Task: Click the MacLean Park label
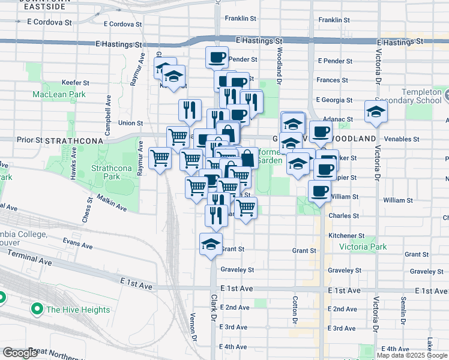click(x=59, y=95)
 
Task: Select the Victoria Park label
click(x=363, y=247)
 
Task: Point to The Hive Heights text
click(x=78, y=310)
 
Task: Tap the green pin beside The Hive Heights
click(x=36, y=310)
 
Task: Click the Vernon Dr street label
click(x=193, y=323)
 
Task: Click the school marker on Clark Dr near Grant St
click(x=211, y=244)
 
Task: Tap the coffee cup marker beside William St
click(x=319, y=191)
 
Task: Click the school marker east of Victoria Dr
click(x=376, y=112)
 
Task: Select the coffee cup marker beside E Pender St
click(x=217, y=58)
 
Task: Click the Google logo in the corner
click(x=20, y=353)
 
